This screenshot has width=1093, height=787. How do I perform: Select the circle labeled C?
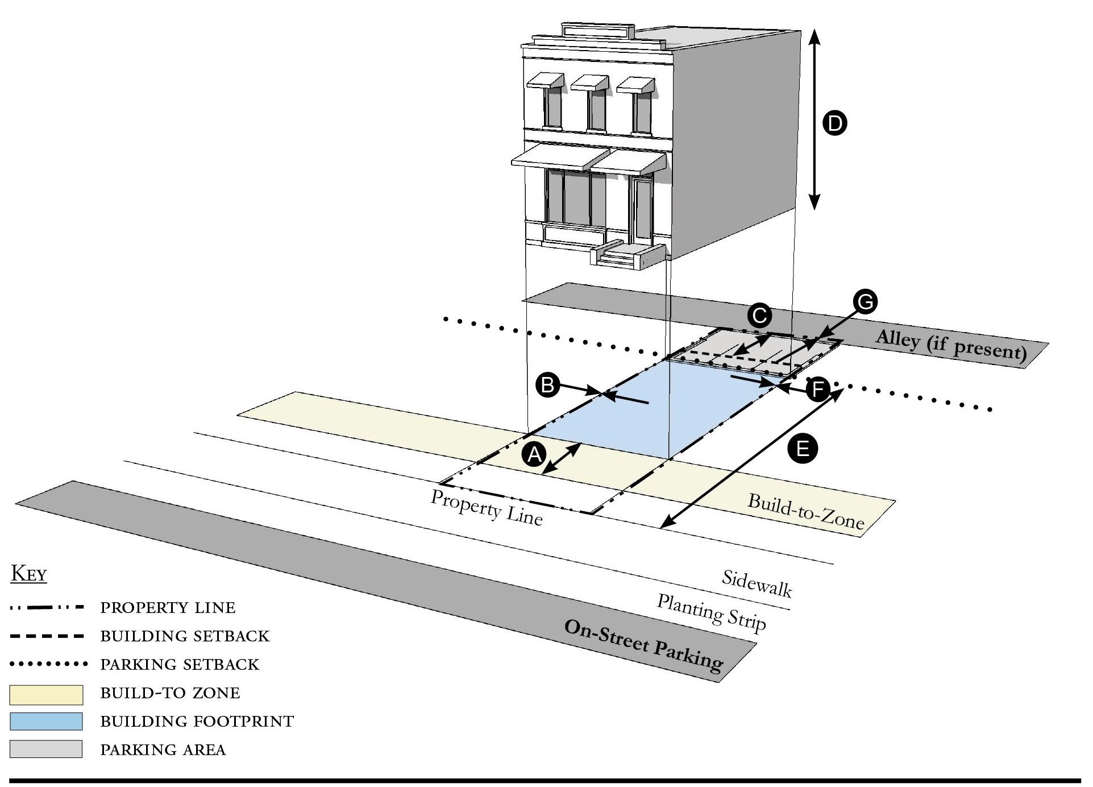(759, 315)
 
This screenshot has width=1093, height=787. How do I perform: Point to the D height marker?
(835, 123)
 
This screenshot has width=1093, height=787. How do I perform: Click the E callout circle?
(803, 449)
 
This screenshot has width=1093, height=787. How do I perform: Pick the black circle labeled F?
(818, 390)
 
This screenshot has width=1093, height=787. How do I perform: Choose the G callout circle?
(865, 301)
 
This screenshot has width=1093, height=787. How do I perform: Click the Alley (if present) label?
(951, 345)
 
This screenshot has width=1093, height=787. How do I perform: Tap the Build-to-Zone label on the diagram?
(806, 511)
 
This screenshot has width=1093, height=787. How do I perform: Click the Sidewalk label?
(757, 583)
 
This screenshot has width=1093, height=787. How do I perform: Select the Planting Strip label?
(712, 612)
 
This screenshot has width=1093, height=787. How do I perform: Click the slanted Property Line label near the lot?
(487, 507)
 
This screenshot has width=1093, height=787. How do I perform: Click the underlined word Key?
(29, 574)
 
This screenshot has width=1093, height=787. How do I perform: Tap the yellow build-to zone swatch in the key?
(46, 694)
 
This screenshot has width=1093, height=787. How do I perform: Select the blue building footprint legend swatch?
(46, 722)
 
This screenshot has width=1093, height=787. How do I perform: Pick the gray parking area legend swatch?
(46, 749)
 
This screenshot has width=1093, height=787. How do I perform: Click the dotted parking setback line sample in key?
(48, 664)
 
